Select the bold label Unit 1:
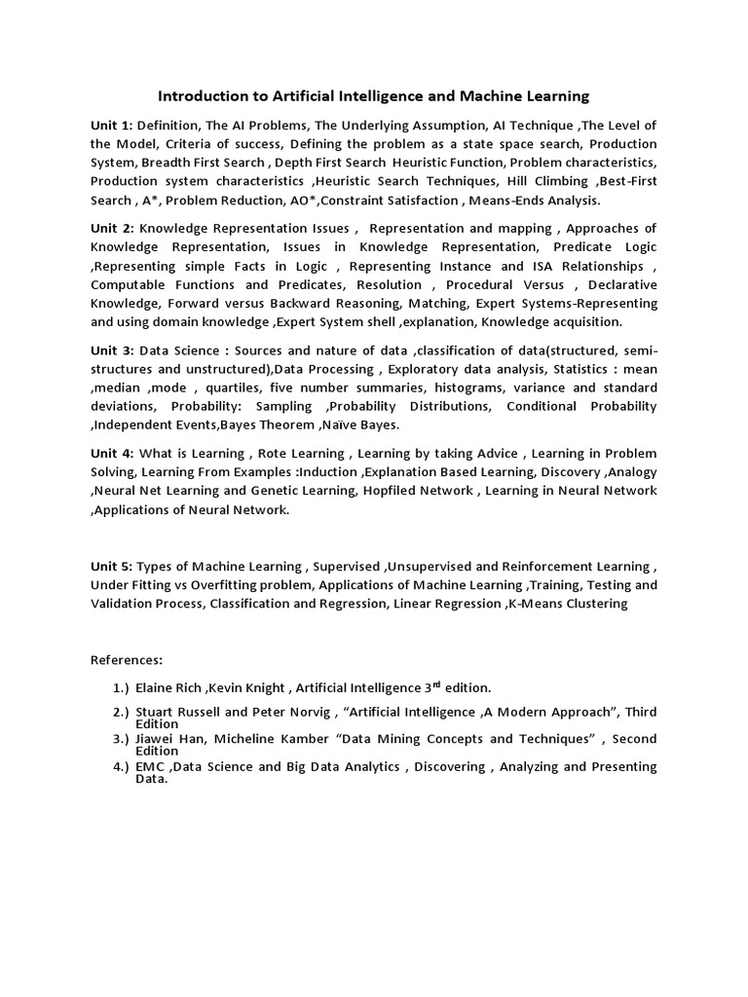point(111,125)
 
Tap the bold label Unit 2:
point(111,228)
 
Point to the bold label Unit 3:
point(111,350)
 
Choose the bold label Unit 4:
point(111,453)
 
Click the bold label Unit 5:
point(111,566)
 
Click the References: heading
point(127,659)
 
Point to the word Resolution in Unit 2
point(390,284)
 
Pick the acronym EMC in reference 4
point(150,766)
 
